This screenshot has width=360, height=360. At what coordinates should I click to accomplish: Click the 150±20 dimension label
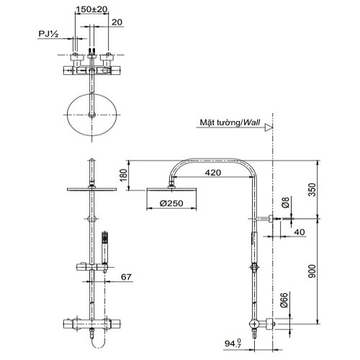pyautogui.click(x=91, y=9)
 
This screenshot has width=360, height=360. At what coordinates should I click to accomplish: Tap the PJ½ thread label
pyautogui.click(x=48, y=34)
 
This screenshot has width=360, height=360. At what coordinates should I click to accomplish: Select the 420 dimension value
pyautogui.click(x=213, y=173)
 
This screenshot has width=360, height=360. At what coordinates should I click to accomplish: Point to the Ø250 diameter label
pyautogui.click(x=171, y=204)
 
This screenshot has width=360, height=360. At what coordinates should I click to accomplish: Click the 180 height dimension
pyautogui.click(x=123, y=176)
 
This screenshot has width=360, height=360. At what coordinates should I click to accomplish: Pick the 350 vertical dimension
pyautogui.click(x=312, y=189)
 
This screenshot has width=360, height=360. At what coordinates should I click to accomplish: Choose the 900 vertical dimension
pyautogui.click(x=312, y=271)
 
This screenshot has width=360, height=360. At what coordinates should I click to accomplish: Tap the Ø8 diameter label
pyautogui.click(x=286, y=202)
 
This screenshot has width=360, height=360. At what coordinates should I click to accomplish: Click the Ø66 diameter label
pyautogui.click(x=284, y=300)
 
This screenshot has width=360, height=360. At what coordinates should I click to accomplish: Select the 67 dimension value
pyautogui.click(x=126, y=277)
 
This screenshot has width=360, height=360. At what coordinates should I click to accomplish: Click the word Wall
pyautogui.click(x=251, y=122)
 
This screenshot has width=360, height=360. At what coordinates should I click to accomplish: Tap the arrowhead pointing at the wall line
pyautogui.click(x=269, y=127)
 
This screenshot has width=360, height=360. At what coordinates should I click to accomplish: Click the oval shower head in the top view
pyautogui.click(x=92, y=114)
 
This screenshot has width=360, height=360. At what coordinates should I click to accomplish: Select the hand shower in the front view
pyautogui.click(x=105, y=248)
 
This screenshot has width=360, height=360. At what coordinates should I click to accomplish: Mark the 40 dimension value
pyautogui.click(x=300, y=232)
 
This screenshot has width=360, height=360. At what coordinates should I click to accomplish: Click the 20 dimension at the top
pyautogui.click(x=117, y=22)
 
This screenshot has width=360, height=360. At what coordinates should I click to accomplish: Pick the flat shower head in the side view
pyautogui.click(x=171, y=189)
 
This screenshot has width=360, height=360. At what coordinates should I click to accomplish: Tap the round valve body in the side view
pyautogui.click(x=253, y=324)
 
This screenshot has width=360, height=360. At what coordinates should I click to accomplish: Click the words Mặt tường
pyautogui.click(x=220, y=122)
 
